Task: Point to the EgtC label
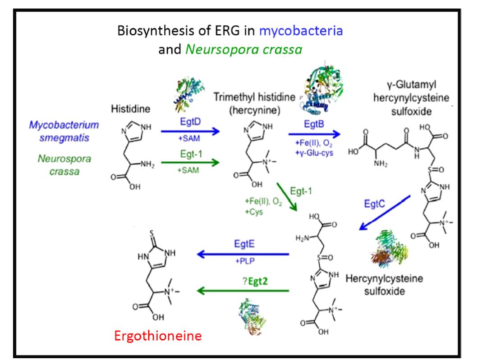coord(376,204)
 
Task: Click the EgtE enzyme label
coord(242,245)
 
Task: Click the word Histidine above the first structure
coord(130,109)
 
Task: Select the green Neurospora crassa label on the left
coord(58,165)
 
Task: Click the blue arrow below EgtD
coord(187,131)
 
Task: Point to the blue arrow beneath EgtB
coord(314,133)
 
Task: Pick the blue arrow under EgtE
coord(242,255)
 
